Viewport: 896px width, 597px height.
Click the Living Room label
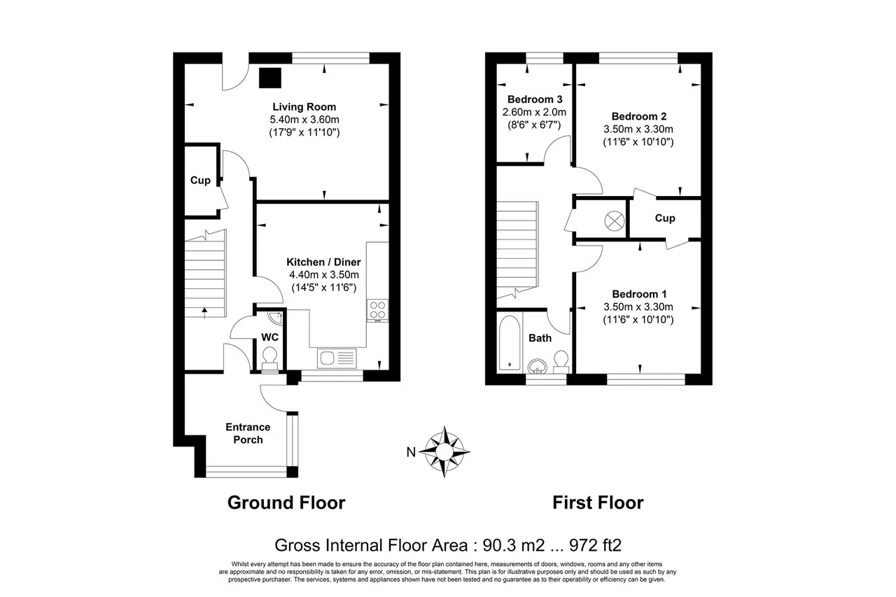304,107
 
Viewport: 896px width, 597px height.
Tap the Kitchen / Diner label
323,262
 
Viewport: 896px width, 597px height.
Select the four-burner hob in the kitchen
377,311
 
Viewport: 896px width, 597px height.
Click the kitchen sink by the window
337,358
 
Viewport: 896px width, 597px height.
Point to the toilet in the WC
269,358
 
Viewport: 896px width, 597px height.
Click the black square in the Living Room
270,78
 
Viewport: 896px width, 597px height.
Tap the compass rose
444,452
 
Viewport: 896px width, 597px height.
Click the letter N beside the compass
411,452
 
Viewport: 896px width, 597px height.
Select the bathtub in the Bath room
510,343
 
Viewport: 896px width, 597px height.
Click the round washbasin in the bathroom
537,366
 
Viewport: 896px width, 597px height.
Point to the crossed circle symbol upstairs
614,220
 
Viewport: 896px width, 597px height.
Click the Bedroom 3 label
535,99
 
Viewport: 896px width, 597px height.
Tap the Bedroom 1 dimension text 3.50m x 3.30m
638,307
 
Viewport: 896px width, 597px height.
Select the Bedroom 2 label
639,116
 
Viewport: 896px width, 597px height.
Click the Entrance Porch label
248,433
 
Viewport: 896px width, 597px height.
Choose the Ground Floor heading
286,503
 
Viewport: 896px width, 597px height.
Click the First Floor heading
598,503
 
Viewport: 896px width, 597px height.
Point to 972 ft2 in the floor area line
595,545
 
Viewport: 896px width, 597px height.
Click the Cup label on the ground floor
200,181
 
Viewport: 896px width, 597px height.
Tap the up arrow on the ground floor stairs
205,313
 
